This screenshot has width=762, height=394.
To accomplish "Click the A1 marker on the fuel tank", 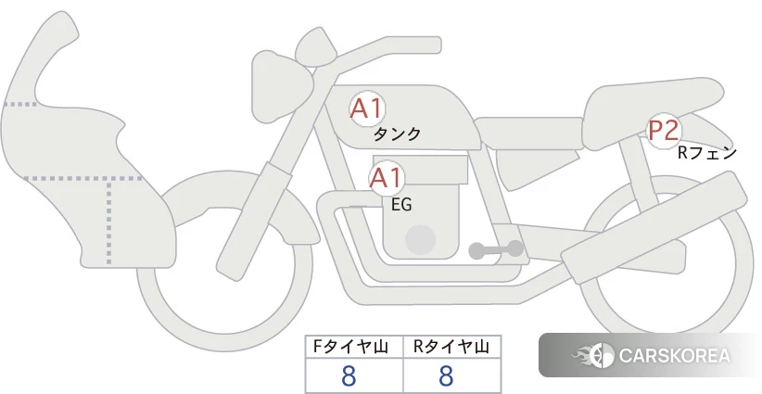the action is coord(367,108).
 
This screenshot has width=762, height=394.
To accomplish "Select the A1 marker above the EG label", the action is coord(386,178).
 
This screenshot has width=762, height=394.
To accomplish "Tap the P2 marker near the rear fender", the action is coord(664,130).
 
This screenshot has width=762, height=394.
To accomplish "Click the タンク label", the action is coord(397,134).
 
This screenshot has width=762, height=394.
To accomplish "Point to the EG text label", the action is coord(401,205).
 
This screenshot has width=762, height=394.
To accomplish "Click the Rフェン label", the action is coord(707,154).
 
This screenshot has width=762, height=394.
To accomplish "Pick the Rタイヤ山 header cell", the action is coord(452,347).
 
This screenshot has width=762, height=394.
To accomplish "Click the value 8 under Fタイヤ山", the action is coord(349,376).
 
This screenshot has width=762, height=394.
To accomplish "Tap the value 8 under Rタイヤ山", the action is coord(446,376).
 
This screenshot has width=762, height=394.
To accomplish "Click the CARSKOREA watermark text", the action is coord(675,356).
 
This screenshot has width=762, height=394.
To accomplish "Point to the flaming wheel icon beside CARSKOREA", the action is coord(593,356).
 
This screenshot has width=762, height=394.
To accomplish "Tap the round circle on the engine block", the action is coord(420,239).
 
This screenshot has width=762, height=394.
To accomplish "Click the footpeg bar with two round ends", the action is coord(496,249).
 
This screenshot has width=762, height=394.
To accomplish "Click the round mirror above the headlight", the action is coord(316,47).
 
